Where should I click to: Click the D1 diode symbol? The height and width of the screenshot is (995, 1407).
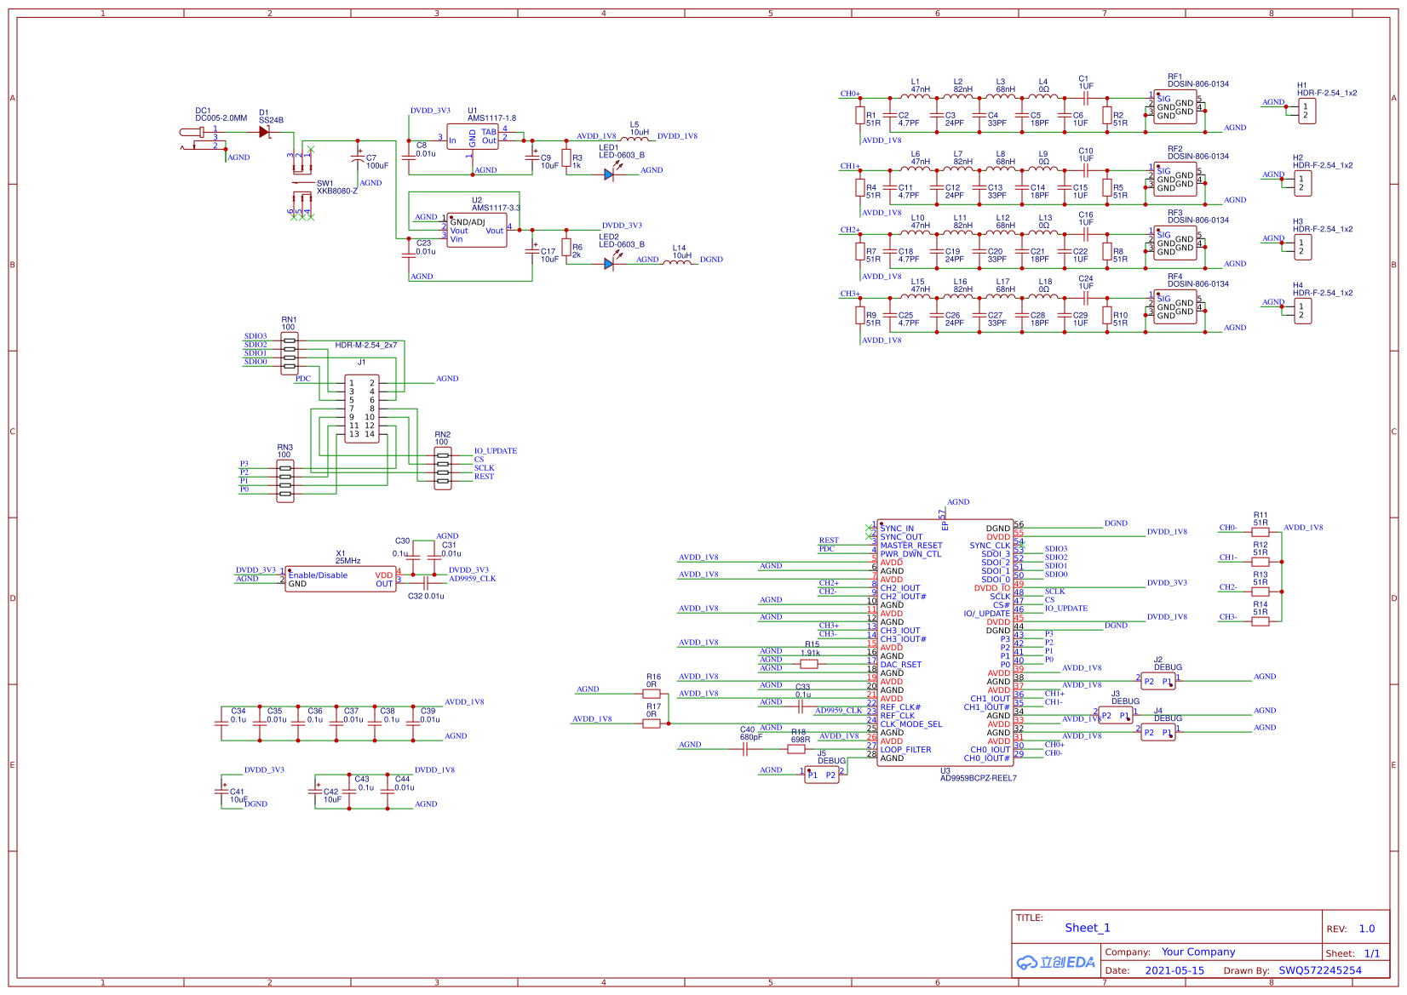click(x=264, y=132)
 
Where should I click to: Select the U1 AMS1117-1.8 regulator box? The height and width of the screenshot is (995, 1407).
click(x=473, y=137)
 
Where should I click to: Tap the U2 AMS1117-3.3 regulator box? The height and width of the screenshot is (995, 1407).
click(x=477, y=230)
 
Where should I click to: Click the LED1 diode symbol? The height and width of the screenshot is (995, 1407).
click(x=608, y=174)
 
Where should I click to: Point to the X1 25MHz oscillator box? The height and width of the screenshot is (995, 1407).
click(x=341, y=580)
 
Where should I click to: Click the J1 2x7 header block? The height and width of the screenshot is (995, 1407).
click(x=362, y=409)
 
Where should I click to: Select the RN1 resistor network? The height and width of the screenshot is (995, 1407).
click(x=290, y=353)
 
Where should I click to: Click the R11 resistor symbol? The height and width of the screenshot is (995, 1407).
click(x=1261, y=532)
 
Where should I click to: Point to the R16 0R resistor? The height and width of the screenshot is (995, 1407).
click(x=652, y=694)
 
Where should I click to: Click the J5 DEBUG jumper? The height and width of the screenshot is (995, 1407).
click(x=822, y=775)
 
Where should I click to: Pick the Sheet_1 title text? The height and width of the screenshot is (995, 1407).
click(x=1088, y=928)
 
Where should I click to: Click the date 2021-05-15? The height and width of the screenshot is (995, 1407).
click(x=1174, y=970)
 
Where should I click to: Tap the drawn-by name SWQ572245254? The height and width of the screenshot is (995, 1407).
click(x=1319, y=970)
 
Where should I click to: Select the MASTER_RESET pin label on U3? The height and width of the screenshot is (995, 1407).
click(x=911, y=546)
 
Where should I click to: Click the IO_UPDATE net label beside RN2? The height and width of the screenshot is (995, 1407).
click(x=496, y=451)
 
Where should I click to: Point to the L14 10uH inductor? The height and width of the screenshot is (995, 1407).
click(x=678, y=261)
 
